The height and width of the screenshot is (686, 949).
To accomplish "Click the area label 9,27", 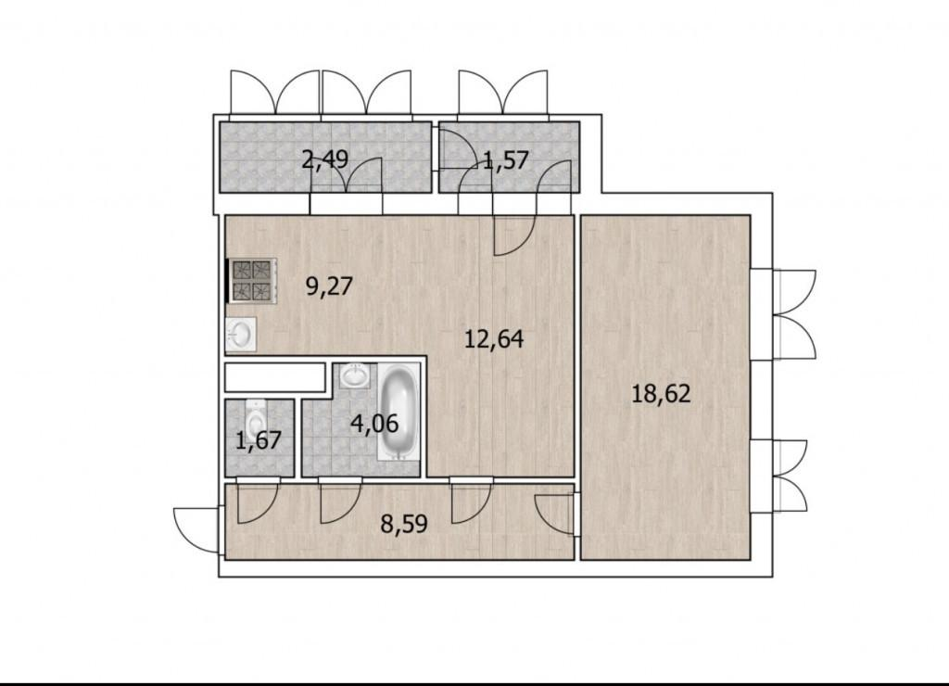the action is click(329, 286).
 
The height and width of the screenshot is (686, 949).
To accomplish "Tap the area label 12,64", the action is click(493, 338).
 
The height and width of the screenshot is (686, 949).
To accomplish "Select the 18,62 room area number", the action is click(660, 394).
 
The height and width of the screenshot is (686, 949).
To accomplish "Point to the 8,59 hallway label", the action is click(404, 523).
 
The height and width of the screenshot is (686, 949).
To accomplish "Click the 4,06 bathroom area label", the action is click(374, 424).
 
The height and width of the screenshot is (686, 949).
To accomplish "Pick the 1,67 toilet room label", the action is click(259, 440).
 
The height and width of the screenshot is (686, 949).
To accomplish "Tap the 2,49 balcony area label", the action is click(325, 159).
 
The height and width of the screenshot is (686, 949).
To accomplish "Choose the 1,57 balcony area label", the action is click(507, 161).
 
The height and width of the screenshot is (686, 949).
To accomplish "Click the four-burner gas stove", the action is click(252, 280).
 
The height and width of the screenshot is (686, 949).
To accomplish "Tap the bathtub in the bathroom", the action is click(399, 412).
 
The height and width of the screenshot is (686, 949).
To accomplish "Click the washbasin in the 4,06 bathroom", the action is click(353, 377).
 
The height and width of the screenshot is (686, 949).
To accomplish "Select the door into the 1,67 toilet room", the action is click(258, 500).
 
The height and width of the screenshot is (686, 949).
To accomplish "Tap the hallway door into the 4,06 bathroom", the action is click(340, 500).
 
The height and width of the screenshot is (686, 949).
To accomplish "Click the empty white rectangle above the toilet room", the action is click(275, 377).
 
